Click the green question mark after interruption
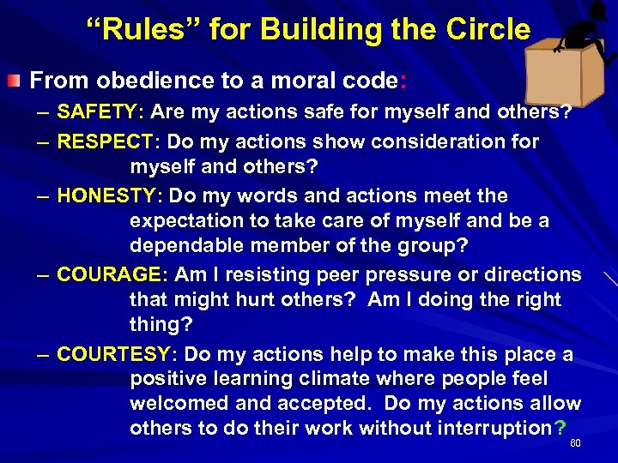pyautogui.click(x=560, y=428)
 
